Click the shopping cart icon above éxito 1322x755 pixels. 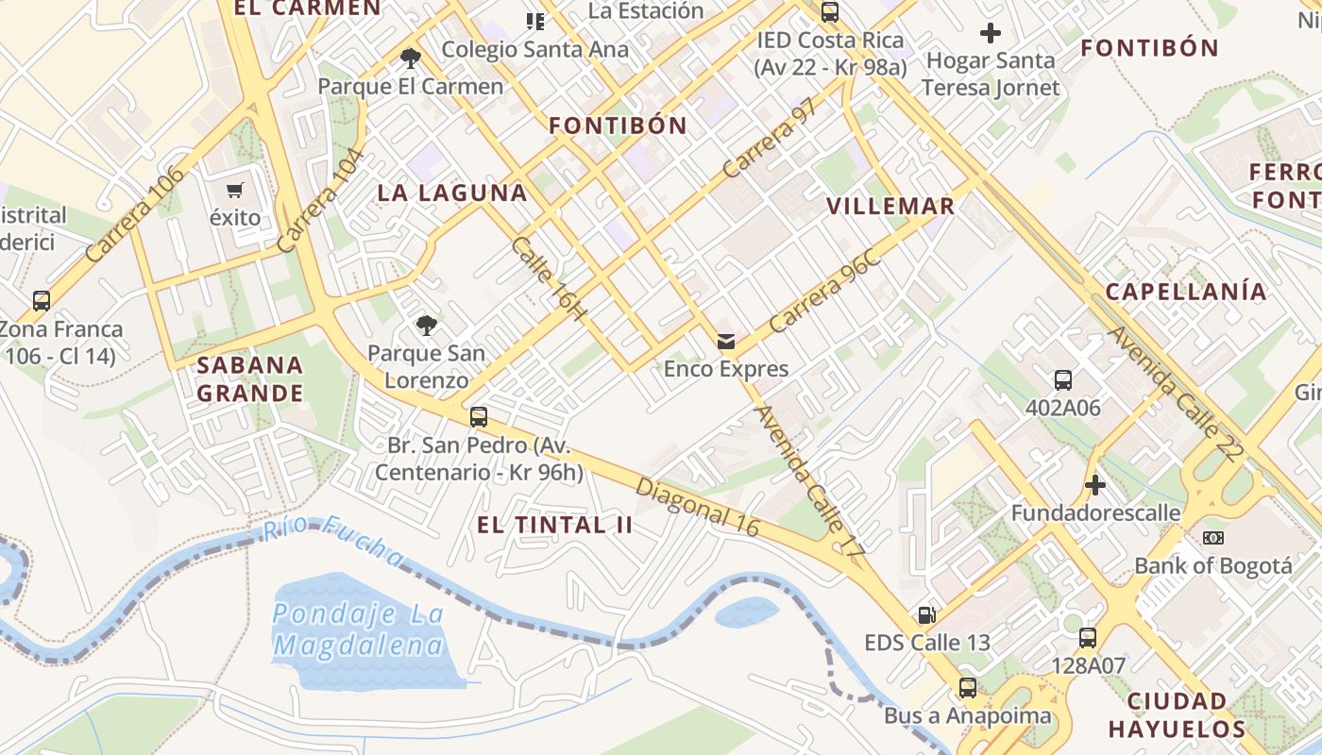pyautogui.click(x=235, y=190)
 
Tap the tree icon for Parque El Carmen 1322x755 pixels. pyautogui.click(x=410, y=59)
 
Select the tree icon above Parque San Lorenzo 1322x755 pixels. pyautogui.click(x=427, y=326)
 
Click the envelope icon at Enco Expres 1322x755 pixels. pyautogui.click(x=726, y=342)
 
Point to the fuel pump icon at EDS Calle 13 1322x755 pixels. pyautogui.click(x=927, y=615)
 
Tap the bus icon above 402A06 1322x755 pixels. pyautogui.click(x=1063, y=380)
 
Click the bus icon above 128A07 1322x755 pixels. pyautogui.click(x=1088, y=638)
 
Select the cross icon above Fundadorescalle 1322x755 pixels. pyautogui.click(x=1095, y=486)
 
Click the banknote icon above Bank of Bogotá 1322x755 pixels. pyautogui.click(x=1213, y=538)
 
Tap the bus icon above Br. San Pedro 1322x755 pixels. pyautogui.click(x=479, y=417)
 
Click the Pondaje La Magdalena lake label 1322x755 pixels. pyautogui.click(x=358, y=629)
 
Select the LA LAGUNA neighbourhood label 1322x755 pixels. pyautogui.click(x=452, y=193)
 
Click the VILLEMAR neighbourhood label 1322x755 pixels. pyautogui.click(x=890, y=206)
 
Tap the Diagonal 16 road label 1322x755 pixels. pyautogui.click(x=697, y=508)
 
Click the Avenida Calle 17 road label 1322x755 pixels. pyautogui.click(x=810, y=478)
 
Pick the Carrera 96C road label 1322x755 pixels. pyautogui.click(x=824, y=292)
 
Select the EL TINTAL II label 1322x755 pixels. pyautogui.click(x=555, y=526)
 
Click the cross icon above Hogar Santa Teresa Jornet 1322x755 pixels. pyautogui.click(x=990, y=34)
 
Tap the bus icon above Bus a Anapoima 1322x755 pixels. pyautogui.click(x=967, y=687)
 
